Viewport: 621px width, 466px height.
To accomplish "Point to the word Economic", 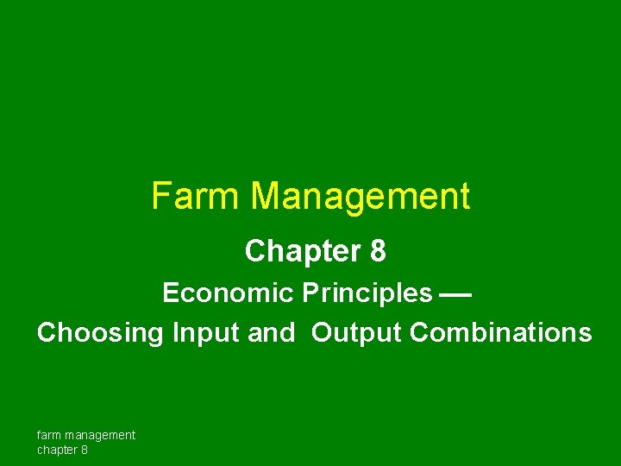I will pyautogui.click(x=228, y=293).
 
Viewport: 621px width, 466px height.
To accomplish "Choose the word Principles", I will pyautogui.click(x=367, y=293).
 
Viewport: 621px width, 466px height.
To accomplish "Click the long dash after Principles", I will pyautogui.click(x=455, y=294).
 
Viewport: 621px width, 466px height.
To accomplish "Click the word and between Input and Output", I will pyautogui.click(x=271, y=333).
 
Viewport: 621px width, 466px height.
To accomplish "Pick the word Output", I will pyautogui.click(x=356, y=333).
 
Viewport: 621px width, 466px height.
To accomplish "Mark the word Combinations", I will pyautogui.click(x=501, y=333).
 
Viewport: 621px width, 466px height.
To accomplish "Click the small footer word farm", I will pyautogui.click(x=48, y=435).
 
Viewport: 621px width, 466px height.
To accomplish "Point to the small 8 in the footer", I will pyautogui.click(x=85, y=450).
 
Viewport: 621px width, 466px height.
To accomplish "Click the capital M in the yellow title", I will pyautogui.click(x=265, y=197).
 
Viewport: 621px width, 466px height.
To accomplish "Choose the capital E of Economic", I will pyautogui.click(x=169, y=293).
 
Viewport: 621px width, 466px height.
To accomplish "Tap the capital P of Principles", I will pyautogui.click(x=310, y=293).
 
